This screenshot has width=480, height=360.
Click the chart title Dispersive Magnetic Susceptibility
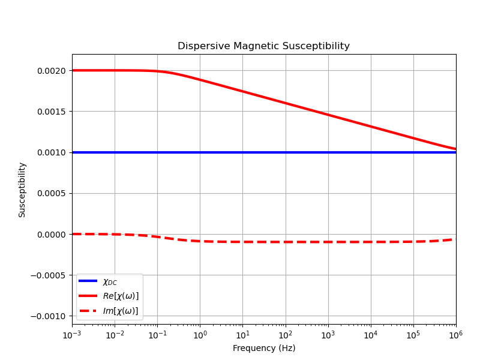point(263,46)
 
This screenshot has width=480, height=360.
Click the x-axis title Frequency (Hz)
point(264,348)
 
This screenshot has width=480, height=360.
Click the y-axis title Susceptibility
point(22,190)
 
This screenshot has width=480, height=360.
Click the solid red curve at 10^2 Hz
point(286,103)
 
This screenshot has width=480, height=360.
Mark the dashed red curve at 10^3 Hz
point(328,242)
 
